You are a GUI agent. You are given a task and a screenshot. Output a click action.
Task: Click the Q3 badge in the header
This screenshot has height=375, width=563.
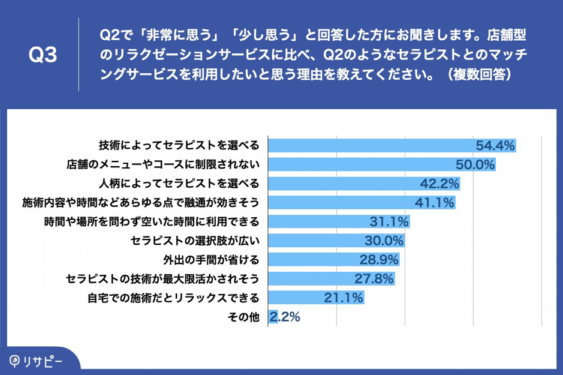click(x=43, y=56)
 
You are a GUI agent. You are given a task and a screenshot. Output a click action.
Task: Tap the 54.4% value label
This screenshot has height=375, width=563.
click(x=495, y=145)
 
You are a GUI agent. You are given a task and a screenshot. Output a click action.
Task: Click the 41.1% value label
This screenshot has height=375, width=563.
click(x=434, y=202)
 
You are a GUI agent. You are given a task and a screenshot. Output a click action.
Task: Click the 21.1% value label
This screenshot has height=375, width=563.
click(x=344, y=298)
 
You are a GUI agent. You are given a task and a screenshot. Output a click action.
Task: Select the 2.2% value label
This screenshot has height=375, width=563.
click(x=285, y=317)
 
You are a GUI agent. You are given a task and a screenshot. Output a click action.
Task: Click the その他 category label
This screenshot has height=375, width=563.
click(x=245, y=317)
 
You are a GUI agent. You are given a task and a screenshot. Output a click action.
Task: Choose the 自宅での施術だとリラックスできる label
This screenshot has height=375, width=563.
click(x=173, y=298)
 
